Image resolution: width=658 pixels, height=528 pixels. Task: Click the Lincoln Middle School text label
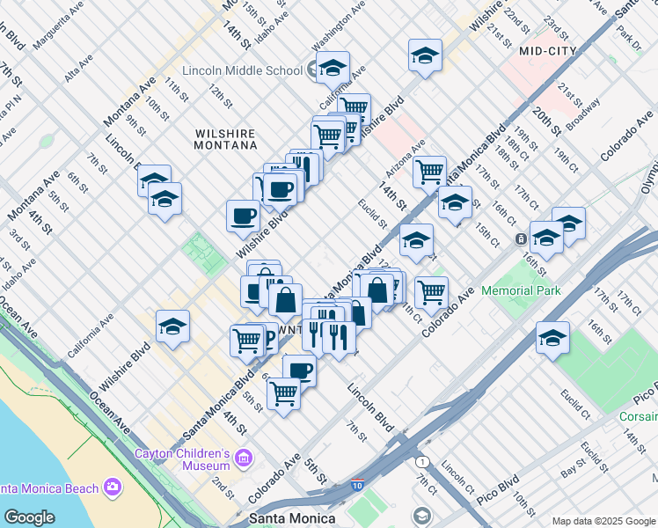coord(239,70)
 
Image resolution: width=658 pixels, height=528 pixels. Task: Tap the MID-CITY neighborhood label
coord(548,51)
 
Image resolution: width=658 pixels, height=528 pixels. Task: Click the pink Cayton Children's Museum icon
coord(244,457)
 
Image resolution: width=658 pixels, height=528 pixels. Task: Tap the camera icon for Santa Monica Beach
coord(113,487)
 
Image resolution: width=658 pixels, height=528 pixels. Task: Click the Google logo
coord(28,517)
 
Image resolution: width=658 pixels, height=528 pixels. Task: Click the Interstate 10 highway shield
coord(357,484)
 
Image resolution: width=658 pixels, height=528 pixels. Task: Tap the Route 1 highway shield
coord(423,461)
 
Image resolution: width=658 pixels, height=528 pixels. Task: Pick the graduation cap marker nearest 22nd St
coord(424,56)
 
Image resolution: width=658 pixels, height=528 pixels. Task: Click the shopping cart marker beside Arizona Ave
coord(429,172)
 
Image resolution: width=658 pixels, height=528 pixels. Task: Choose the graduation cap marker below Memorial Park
coord(552,338)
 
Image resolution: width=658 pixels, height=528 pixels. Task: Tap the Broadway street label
coord(583,114)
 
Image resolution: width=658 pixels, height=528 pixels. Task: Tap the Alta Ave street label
coord(78,71)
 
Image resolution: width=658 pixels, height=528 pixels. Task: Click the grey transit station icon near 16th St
coord(521,238)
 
